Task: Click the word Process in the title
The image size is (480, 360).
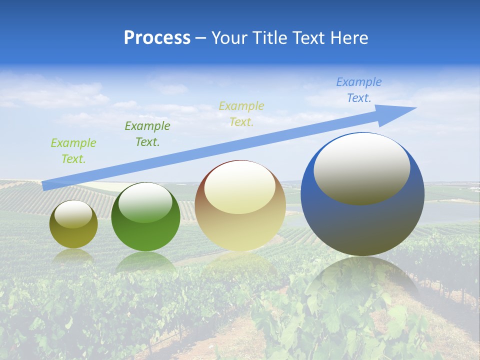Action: point(157,38)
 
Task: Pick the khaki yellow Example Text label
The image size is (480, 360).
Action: point(241,114)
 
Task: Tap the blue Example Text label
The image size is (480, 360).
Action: point(359,90)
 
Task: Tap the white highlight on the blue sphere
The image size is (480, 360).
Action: point(362,167)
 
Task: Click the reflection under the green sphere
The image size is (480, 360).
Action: point(145,262)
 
